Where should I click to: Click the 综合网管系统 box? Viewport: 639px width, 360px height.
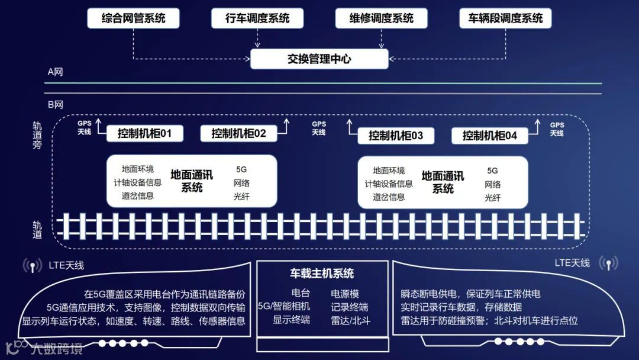134,18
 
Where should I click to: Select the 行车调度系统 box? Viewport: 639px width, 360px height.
257,18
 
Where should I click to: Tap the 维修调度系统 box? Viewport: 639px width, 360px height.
382,18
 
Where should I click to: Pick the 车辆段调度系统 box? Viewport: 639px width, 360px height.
505,18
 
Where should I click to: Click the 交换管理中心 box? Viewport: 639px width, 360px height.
319,59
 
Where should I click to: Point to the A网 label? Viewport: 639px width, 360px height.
55,72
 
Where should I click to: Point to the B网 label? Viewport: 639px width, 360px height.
55,105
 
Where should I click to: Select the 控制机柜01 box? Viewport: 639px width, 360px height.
144,133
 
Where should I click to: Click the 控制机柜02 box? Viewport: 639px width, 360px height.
238,133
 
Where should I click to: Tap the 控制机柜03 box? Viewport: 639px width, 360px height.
396,136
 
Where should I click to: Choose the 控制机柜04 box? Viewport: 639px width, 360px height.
490,136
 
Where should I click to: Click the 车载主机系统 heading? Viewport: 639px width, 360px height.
322,274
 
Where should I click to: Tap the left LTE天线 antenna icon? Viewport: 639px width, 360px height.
31,265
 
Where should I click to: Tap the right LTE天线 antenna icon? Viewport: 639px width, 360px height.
608,263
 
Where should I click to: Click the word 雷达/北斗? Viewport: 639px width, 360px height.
350,320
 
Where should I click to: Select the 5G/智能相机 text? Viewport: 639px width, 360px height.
284,307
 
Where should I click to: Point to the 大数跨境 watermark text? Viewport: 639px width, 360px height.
57,348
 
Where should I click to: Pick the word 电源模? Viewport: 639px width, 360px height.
345,294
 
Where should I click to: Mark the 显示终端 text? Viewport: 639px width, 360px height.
291,320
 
